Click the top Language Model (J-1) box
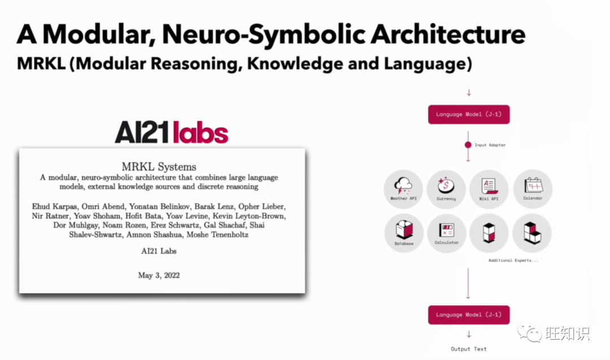click(x=469, y=114)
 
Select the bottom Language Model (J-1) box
click(x=469, y=315)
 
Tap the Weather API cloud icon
click(x=403, y=185)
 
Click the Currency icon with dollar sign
click(x=446, y=185)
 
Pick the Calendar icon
click(x=533, y=185)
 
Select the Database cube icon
click(x=404, y=229)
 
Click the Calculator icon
click(x=446, y=230)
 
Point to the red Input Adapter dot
click(x=468, y=145)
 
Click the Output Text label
click(x=468, y=349)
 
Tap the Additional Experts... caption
click(x=513, y=261)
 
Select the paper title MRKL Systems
click(x=159, y=167)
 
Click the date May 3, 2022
click(x=159, y=276)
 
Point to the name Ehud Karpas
click(x=55, y=207)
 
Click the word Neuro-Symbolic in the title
click(x=264, y=34)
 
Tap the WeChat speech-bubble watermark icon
click(x=529, y=332)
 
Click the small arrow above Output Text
click(x=469, y=335)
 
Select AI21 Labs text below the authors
click(x=159, y=251)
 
